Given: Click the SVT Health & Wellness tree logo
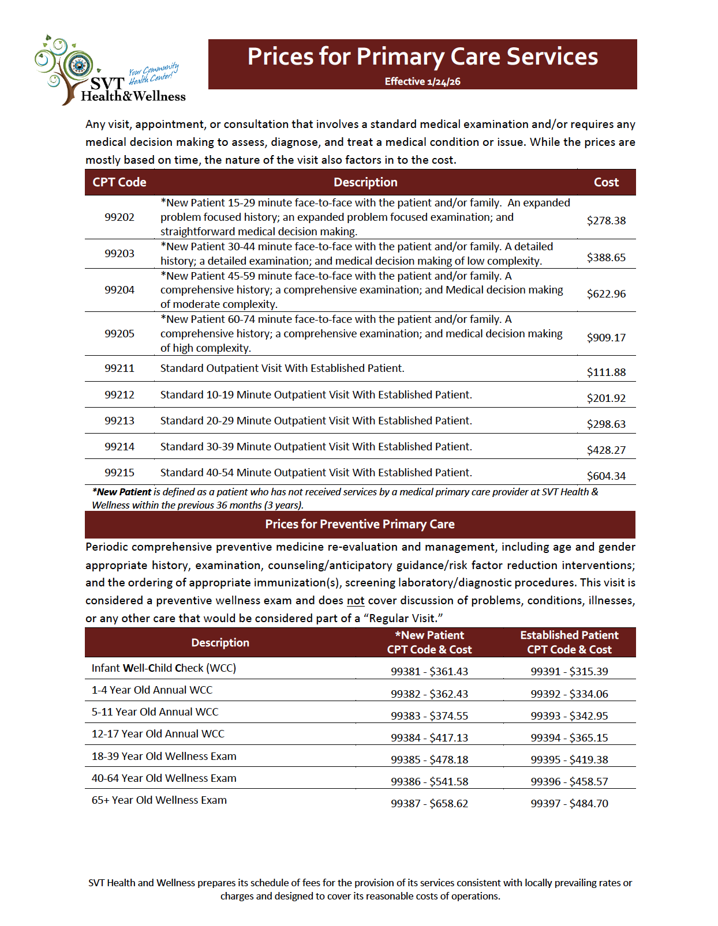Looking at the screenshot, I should pos(110,71).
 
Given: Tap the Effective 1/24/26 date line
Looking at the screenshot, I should pos(422,81).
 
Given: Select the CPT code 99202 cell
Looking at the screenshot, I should pos(119,217).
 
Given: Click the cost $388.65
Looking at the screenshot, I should pos(606,257).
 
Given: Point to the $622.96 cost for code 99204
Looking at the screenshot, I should pos(606,293).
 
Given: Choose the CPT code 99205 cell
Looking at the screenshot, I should pos(119,334).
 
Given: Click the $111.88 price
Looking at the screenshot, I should pos(606,372).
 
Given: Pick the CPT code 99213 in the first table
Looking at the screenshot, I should pos(119,421).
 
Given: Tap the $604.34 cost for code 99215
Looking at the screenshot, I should pos(606,476).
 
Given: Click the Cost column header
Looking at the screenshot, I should pos(606,182).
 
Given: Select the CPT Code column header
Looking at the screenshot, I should pos(119,182).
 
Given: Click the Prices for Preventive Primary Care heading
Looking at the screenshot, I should pos(360,524).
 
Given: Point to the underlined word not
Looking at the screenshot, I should pos(356,601).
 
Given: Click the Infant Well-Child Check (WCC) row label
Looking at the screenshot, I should pos(164,668).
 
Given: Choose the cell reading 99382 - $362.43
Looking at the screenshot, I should pos(429,694).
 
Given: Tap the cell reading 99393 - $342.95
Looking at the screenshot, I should pos(569,716).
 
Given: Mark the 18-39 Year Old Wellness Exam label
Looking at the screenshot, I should pos(164,756).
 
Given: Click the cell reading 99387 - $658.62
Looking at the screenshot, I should pos(429,803).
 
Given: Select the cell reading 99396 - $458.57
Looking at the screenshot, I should pos(569,781).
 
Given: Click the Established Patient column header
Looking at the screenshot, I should pos(569,642).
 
